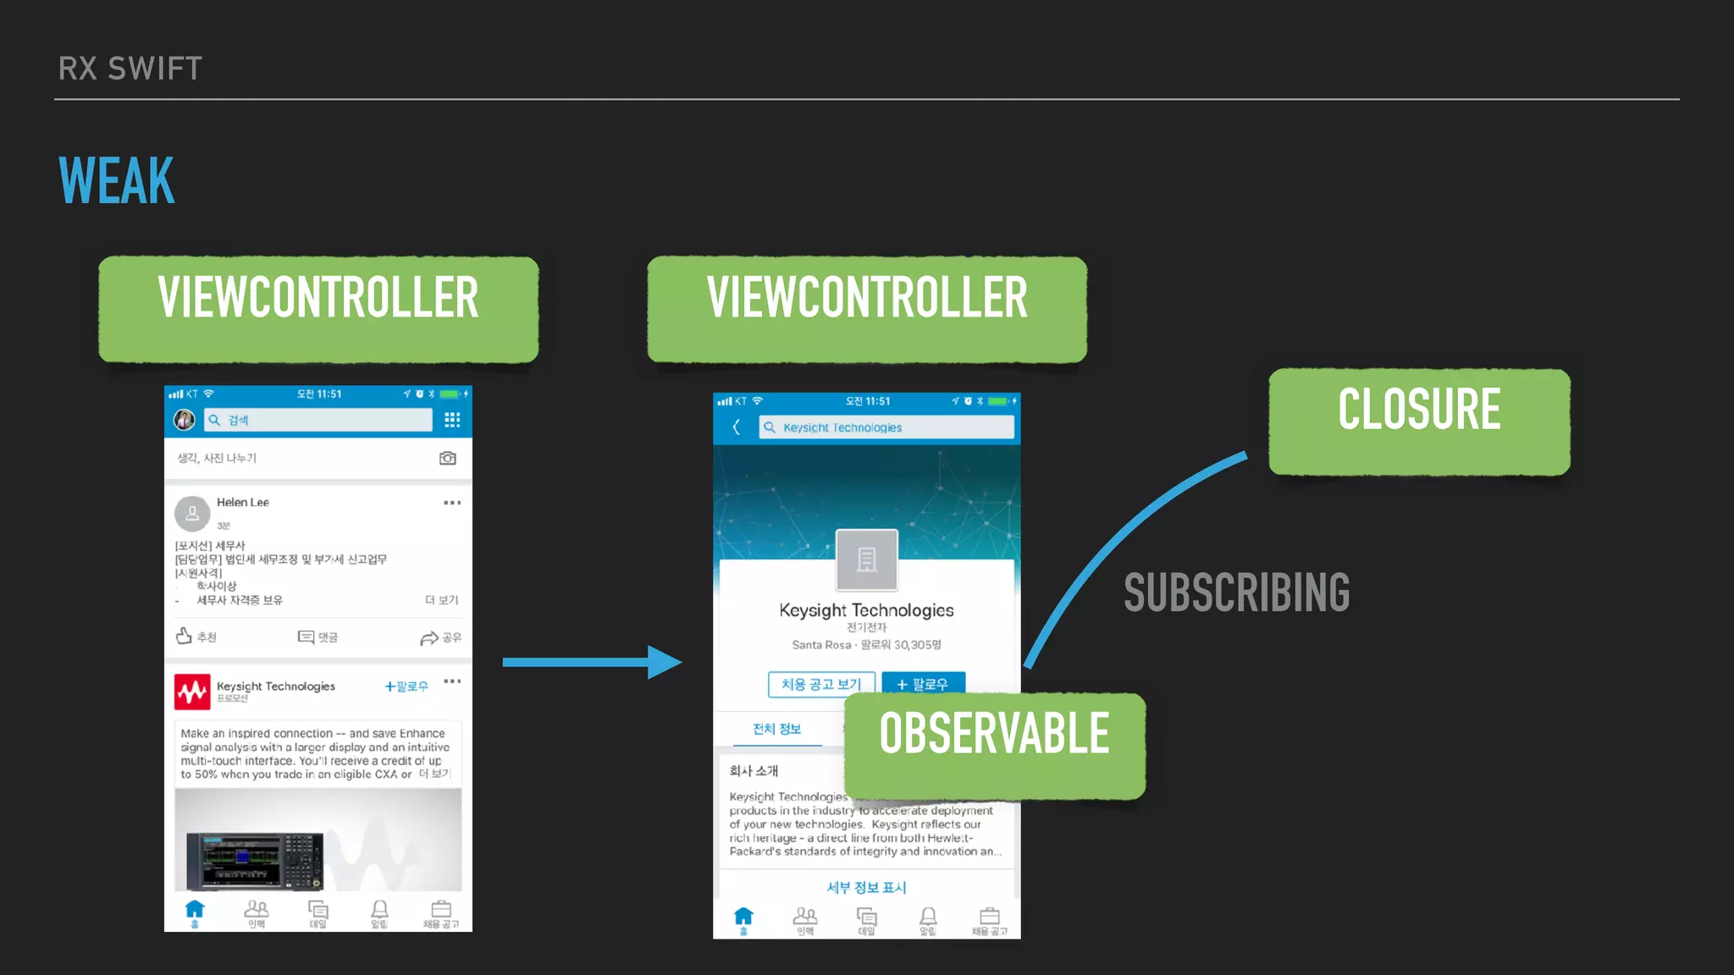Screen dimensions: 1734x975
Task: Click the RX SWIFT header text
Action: pos(130,69)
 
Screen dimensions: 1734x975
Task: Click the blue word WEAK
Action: pos(117,181)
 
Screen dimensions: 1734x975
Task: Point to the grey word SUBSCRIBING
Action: pos(1236,592)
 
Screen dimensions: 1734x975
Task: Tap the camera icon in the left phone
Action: pos(448,458)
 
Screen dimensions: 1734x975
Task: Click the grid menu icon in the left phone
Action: pos(452,420)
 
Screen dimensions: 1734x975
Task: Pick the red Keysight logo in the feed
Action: pos(192,691)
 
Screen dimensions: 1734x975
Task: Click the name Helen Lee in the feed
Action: pos(243,502)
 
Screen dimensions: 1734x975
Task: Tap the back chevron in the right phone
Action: pos(737,427)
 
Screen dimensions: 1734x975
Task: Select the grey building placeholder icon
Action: pos(866,559)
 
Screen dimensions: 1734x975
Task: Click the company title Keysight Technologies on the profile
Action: pos(866,610)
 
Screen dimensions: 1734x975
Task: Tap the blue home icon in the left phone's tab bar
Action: pos(195,910)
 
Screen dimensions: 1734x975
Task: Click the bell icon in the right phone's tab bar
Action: pos(928,917)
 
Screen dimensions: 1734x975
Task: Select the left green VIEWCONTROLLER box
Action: pos(318,309)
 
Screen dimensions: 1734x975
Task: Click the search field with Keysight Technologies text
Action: pos(886,427)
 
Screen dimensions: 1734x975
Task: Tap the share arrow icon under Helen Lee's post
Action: pos(429,637)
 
